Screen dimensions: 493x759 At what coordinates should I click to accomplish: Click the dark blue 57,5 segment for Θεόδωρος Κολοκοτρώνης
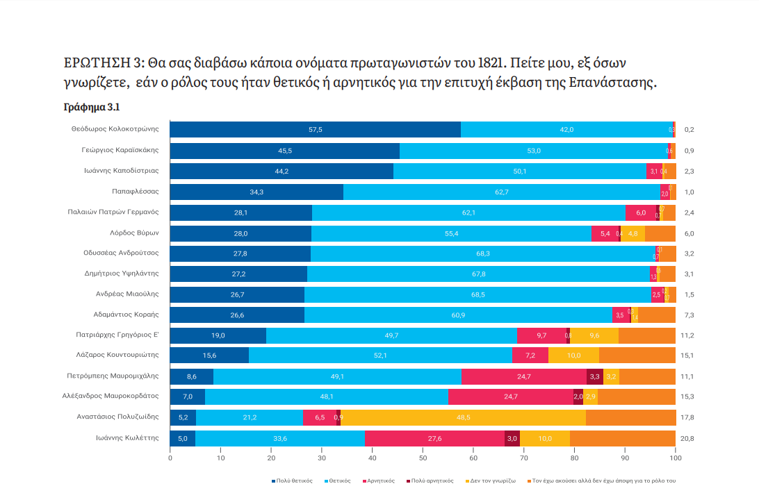(x=315, y=130)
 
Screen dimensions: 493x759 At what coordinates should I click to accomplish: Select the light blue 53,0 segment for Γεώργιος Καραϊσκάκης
(x=534, y=151)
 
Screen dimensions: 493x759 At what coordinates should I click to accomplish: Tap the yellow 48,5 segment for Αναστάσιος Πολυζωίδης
(x=463, y=417)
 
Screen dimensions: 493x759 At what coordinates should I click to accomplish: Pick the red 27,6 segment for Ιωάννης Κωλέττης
(x=434, y=438)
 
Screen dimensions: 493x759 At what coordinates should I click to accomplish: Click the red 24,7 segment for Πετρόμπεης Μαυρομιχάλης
(x=523, y=376)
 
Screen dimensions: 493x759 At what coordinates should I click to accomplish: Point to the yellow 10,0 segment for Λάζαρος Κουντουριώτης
(x=573, y=356)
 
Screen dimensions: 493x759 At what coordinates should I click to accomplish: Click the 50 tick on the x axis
(x=423, y=458)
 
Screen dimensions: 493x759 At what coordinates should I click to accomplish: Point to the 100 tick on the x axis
(x=675, y=458)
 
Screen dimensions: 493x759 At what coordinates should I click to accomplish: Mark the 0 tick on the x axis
(x=170, y=458)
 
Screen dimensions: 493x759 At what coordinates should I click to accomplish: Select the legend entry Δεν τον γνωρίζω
(x=496, y=481)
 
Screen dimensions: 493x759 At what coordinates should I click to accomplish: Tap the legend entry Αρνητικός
(x=382, y=481)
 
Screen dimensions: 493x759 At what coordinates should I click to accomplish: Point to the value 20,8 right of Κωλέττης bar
(x=689, y=438)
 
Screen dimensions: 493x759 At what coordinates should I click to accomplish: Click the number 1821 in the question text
(x=490, y=63)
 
